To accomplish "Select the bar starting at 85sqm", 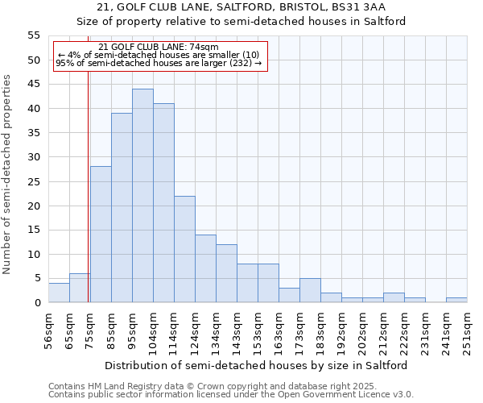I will tap(122, 208).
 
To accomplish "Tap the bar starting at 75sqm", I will tap(101, 235).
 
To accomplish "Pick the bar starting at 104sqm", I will tap(163, 203).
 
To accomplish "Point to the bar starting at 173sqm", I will tap(310, 291).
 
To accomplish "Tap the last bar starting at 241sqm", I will tap(456, 301).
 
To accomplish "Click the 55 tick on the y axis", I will tap(33, 35).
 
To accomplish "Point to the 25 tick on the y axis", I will tap(33, 181).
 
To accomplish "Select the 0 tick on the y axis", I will tap(36, 303).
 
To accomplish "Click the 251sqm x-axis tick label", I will tap(467, 330).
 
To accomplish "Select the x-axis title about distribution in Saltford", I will tap(257, 365).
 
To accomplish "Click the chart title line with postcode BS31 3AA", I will tap(242, 7).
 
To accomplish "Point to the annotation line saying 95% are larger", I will tap(159, 63).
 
